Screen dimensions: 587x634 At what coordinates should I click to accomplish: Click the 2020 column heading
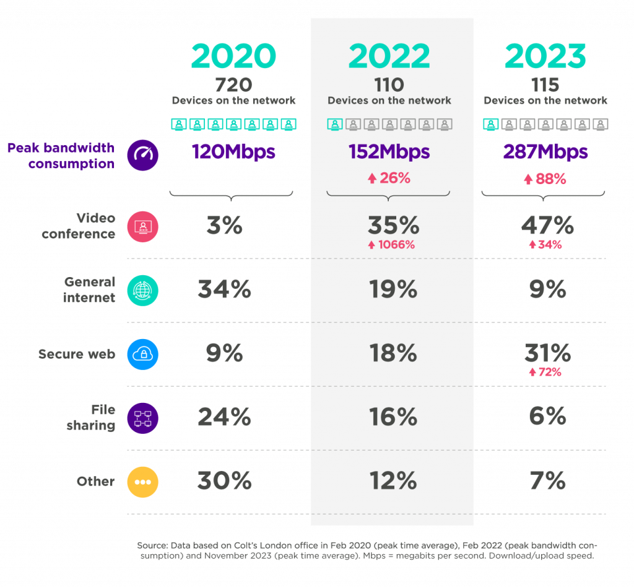(233, 56)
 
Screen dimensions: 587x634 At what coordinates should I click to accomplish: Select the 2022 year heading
(389, 56)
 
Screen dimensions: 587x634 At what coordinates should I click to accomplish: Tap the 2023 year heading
(545, 56)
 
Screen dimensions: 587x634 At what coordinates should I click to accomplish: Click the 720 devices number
(233, 84)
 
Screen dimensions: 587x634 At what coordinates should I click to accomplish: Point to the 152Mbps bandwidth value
(389, 152)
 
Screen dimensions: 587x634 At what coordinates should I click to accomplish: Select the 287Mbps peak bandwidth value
(545, 152)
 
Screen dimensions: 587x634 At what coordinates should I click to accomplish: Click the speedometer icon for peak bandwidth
(143, 155)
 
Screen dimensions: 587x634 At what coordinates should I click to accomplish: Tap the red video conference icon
(143, 226)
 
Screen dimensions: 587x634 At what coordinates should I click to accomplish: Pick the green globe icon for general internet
(143, 290)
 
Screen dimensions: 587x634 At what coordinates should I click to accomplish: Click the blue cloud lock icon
(143, 354)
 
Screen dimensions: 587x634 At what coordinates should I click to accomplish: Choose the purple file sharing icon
(143, 418)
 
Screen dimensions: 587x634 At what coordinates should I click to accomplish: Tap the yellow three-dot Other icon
(143, 482)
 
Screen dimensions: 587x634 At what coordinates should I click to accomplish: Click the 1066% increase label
(391, 244)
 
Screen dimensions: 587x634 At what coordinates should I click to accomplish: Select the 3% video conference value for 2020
(224, 226)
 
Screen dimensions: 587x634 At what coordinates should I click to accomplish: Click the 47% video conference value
(547, 226)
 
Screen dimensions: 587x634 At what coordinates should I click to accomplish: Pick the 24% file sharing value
(224, 417)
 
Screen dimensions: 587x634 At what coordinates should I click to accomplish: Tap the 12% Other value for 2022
(392, 481)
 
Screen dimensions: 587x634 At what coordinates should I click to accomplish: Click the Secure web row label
(77, 354)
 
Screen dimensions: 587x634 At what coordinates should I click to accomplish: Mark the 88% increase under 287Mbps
(545, 179)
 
